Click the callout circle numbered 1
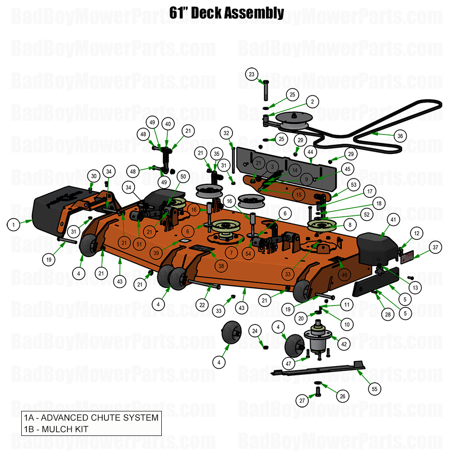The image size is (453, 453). click(x=14, y=225)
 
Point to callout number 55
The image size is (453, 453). click(x=374, y=389)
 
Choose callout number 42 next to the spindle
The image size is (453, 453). click(x=343, y=344)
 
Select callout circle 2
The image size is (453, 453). click(x=312, y=102)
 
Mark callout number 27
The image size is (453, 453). click(x=302, y=401)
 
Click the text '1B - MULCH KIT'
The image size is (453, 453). click(x=56, y=429)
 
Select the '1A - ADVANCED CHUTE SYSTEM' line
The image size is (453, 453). click(x=91, y=418)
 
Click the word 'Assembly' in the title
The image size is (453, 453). click(x=254, y=13)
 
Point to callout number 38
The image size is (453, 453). click(x=221, y=266)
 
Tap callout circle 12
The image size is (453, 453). click(x=416, y=234)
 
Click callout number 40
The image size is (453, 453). click(x=168, y=124)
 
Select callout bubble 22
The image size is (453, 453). click(x=202, y=305)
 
